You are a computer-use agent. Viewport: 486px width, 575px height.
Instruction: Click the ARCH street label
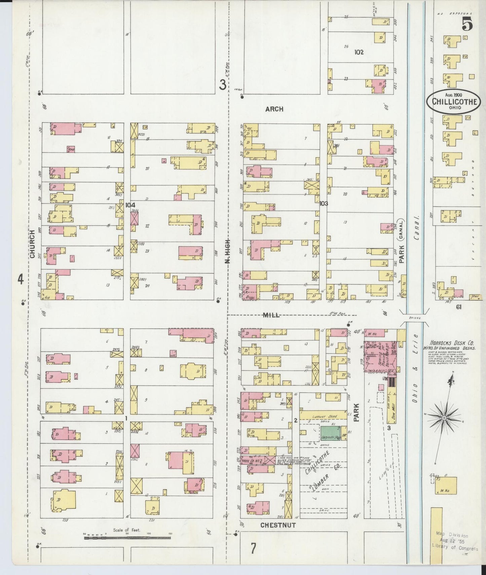point(274,109)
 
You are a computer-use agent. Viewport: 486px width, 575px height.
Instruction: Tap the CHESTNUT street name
point(278,525)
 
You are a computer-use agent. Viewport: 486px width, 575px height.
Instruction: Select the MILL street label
point(271,315)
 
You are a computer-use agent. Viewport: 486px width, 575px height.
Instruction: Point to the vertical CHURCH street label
point(32,244)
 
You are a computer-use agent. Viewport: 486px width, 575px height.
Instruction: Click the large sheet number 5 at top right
point(467,24)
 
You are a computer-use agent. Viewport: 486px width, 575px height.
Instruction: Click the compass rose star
point(444,417)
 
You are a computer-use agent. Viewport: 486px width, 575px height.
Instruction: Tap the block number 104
point(130,205)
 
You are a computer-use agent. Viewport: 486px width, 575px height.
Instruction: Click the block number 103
point(324,203)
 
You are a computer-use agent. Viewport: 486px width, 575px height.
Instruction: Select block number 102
point(359,52)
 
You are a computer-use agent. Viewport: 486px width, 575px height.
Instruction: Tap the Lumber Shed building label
point(323,416)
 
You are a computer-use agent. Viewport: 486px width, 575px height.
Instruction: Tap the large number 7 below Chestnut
point(253,549)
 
